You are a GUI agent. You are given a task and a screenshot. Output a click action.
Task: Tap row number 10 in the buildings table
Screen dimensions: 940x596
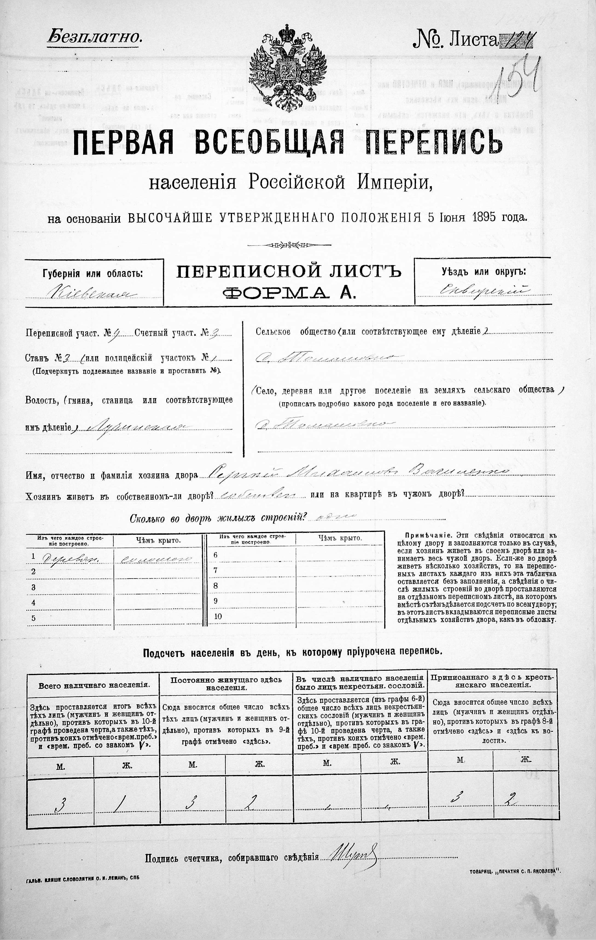click(x=218, y=616)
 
